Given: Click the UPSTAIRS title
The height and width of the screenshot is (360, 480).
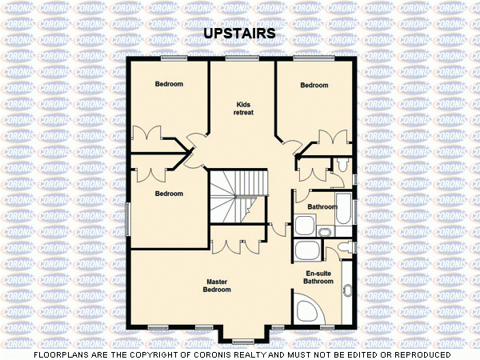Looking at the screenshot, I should click(x=240, y=34).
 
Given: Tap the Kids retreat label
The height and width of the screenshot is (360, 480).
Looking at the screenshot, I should click(x=244, y=108).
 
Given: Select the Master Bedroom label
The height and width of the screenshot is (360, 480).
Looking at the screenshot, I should click(x=218, y=286).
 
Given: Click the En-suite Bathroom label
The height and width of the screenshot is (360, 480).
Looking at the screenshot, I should click(x=318, y=277).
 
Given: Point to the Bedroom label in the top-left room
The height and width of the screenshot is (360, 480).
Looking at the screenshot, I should click(x=169, y=85).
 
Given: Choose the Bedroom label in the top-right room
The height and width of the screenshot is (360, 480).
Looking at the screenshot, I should click(x=314, y=86).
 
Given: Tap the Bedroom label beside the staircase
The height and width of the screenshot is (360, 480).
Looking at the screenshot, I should click(x=169, y=194).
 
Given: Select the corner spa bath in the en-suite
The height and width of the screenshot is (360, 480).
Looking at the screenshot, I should click(x=308, y=310).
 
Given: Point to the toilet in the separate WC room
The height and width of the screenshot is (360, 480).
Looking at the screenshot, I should click(x=342, y=165).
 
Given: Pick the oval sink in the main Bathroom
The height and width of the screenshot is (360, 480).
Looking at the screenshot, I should click(x=325, y=232).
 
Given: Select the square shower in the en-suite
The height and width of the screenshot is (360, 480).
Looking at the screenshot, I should click(x=306, y=250).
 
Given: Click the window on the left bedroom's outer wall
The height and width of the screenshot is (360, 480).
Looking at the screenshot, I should click(x=128, y=218).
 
